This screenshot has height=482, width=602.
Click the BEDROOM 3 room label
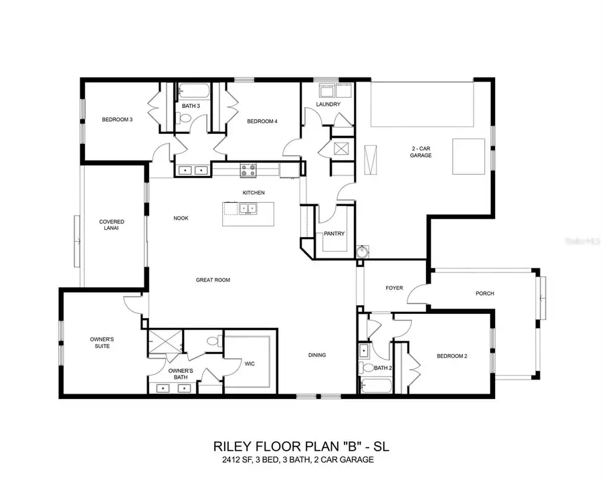click(x=117, y=120)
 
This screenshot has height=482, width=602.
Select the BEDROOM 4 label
click(x=262, y=121)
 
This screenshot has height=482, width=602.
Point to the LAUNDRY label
click(x=328, y=104)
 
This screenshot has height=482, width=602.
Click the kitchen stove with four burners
click(x=248, y=170)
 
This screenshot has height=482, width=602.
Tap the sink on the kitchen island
click(x=247, y=210)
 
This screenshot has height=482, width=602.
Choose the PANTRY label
click(x=333, y=234)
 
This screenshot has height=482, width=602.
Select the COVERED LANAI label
click(x=112, y=226)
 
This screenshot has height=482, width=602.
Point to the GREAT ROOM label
click(x=213, y=280)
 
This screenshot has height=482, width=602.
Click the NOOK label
click(x=181, y=218)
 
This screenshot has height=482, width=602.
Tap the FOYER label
click(x=394, y=288)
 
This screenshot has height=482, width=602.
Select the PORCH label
click(x=484, y=293)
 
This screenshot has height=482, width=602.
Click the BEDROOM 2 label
click(x=451, y=356)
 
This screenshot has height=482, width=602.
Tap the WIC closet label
click(x=250, y=364)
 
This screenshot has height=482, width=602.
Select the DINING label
click(x=317, y=355)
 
